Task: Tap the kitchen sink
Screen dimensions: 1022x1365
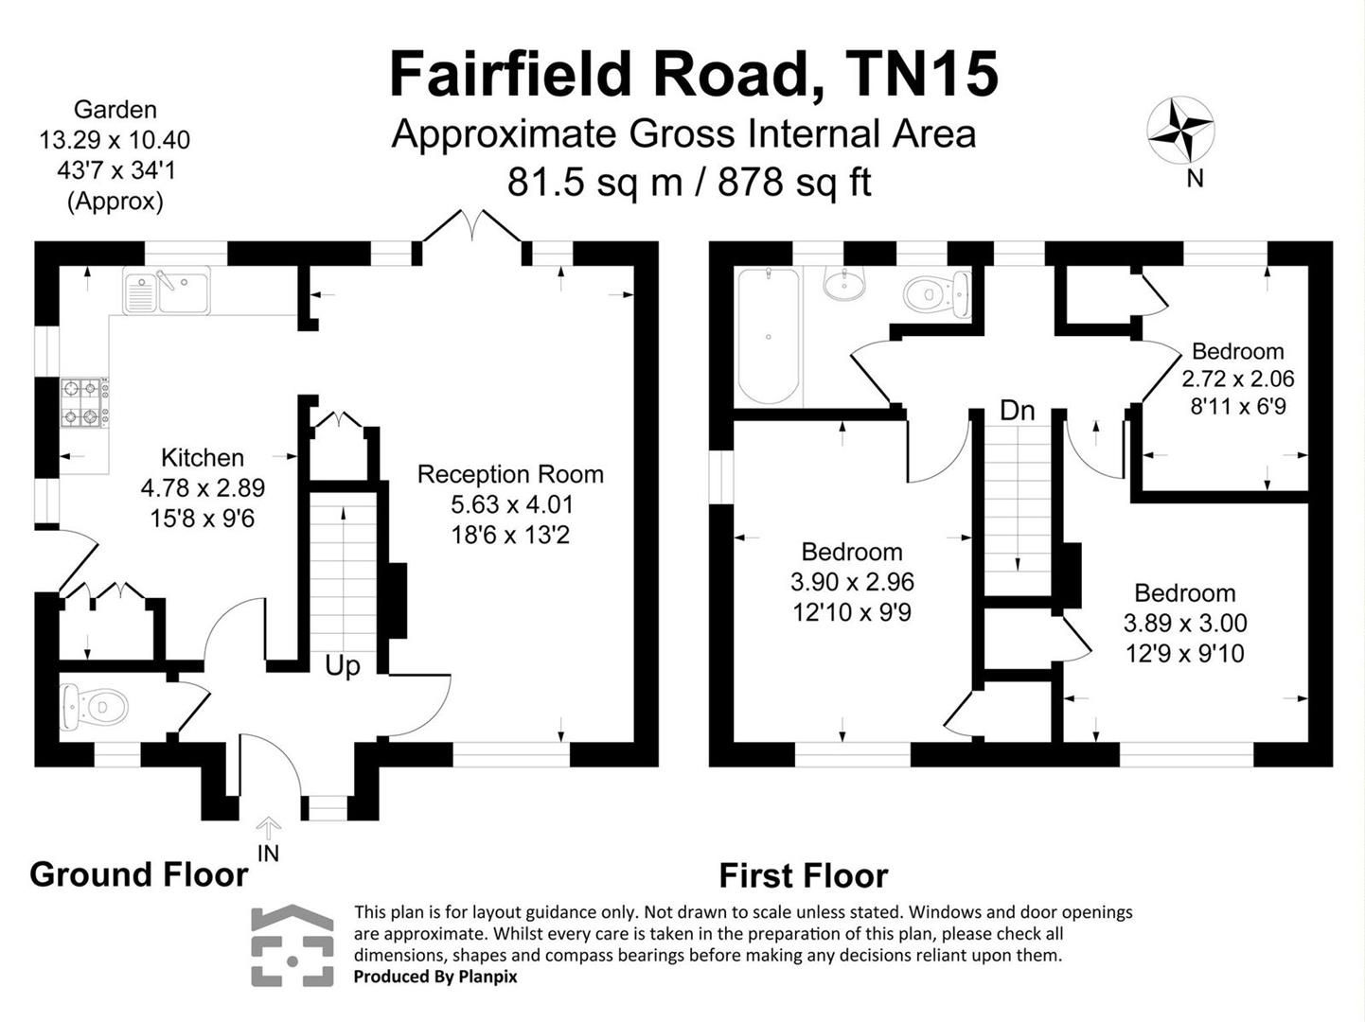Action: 167,291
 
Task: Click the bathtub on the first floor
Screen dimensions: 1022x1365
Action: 769,337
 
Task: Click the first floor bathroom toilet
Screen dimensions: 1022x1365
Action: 935,292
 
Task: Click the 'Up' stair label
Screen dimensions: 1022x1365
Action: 342,666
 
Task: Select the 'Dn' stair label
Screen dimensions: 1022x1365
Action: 1017,411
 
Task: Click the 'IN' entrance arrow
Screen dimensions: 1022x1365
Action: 269,830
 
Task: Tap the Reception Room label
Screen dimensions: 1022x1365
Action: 510,474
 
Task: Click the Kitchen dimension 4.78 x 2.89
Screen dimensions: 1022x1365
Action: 203,488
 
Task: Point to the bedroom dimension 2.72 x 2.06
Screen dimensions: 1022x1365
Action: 1237,379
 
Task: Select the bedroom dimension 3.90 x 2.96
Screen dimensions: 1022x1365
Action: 852,582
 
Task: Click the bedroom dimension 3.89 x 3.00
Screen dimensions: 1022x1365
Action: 1185,624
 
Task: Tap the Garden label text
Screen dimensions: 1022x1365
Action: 115,110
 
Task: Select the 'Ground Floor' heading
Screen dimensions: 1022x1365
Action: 138,874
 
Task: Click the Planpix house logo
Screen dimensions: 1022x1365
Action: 292,945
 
